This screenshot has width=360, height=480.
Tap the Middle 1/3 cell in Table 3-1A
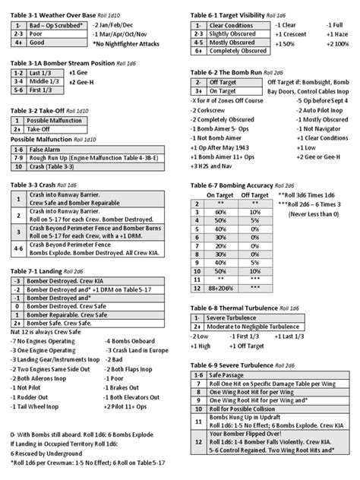46,80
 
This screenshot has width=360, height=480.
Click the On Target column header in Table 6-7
219,195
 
